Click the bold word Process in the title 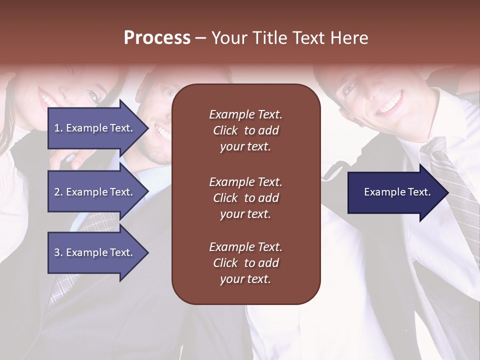click(x=157, y=38)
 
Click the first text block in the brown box click(x=245, y=130)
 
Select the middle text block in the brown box click(x=245, y=198)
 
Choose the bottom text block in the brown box click(x=245, y=263)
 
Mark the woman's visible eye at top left click(x=93, y=94)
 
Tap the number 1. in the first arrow click(x=58, y=128)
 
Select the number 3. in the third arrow click(x=58, y=252)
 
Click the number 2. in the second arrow click(x=58, y=192)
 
